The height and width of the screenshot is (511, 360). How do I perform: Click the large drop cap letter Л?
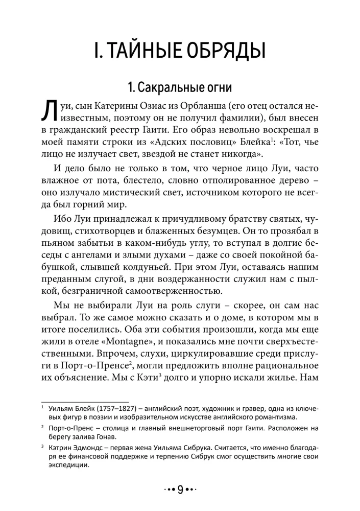click(47, 112)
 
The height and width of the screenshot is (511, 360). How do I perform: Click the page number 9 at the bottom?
click(180, 490)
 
